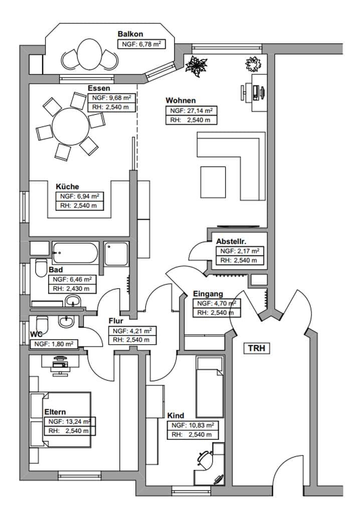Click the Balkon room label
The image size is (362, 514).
click(130, 34)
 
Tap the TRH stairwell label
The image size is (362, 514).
click(257, 348)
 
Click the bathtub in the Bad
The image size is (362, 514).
click(75, 253)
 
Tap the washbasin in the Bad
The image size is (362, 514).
click(73, 301)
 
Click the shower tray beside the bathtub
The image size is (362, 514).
click(116, 253)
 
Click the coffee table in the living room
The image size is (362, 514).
click(213, 182)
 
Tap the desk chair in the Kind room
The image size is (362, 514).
click(205, 458)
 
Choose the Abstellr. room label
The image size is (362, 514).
click(231, 241)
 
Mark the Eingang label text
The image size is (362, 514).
click(208, 294)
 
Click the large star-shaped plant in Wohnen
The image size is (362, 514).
click(197, 67)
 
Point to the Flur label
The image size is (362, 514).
click(116, 321)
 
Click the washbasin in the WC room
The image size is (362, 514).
click(67, 321)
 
